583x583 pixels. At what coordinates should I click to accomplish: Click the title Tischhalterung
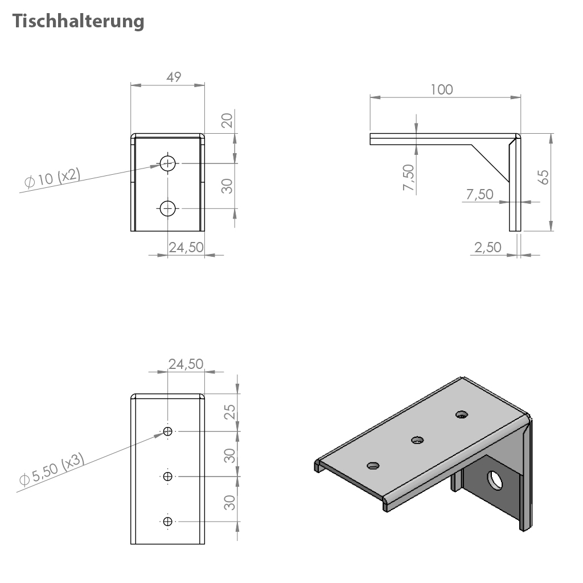click(x=78, y=21)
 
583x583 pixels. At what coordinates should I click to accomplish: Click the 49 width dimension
click(x=174, y=77)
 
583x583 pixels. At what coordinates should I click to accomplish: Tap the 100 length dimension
click(x=442, y=89)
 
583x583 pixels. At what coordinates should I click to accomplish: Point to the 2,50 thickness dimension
click(x=488, y=247)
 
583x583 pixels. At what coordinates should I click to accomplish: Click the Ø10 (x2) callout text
click(x=52, y=178)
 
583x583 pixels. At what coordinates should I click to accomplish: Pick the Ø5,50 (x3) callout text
click(x=52, y=469)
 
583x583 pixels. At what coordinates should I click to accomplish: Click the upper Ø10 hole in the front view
click(x=168, y=163)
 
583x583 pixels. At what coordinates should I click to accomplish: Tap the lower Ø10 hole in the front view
click(x=168, y=208)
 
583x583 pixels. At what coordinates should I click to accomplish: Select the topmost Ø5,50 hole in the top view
click(x=168, y=432)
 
